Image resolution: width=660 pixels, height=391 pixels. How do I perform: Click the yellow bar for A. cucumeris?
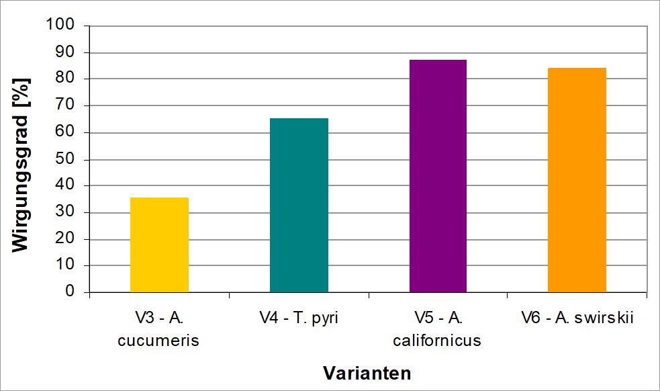pyautogui.click(x=159, y=245)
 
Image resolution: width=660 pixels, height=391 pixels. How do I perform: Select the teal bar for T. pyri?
pyautogui.click(x=299, y=206)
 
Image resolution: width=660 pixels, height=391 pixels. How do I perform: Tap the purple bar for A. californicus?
pyautogui.click(x=438, y=176)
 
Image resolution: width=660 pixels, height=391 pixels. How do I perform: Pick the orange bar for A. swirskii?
pyautogui.click(x=577, y=180)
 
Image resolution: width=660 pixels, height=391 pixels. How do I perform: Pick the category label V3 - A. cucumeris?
pyautogui.click(x=159, y=329)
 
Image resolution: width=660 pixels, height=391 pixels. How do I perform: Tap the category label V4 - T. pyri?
pyautogui.click(x=299, y=318)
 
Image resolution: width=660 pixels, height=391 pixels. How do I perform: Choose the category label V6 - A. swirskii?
pyautogui.click(x=577, y=318)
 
